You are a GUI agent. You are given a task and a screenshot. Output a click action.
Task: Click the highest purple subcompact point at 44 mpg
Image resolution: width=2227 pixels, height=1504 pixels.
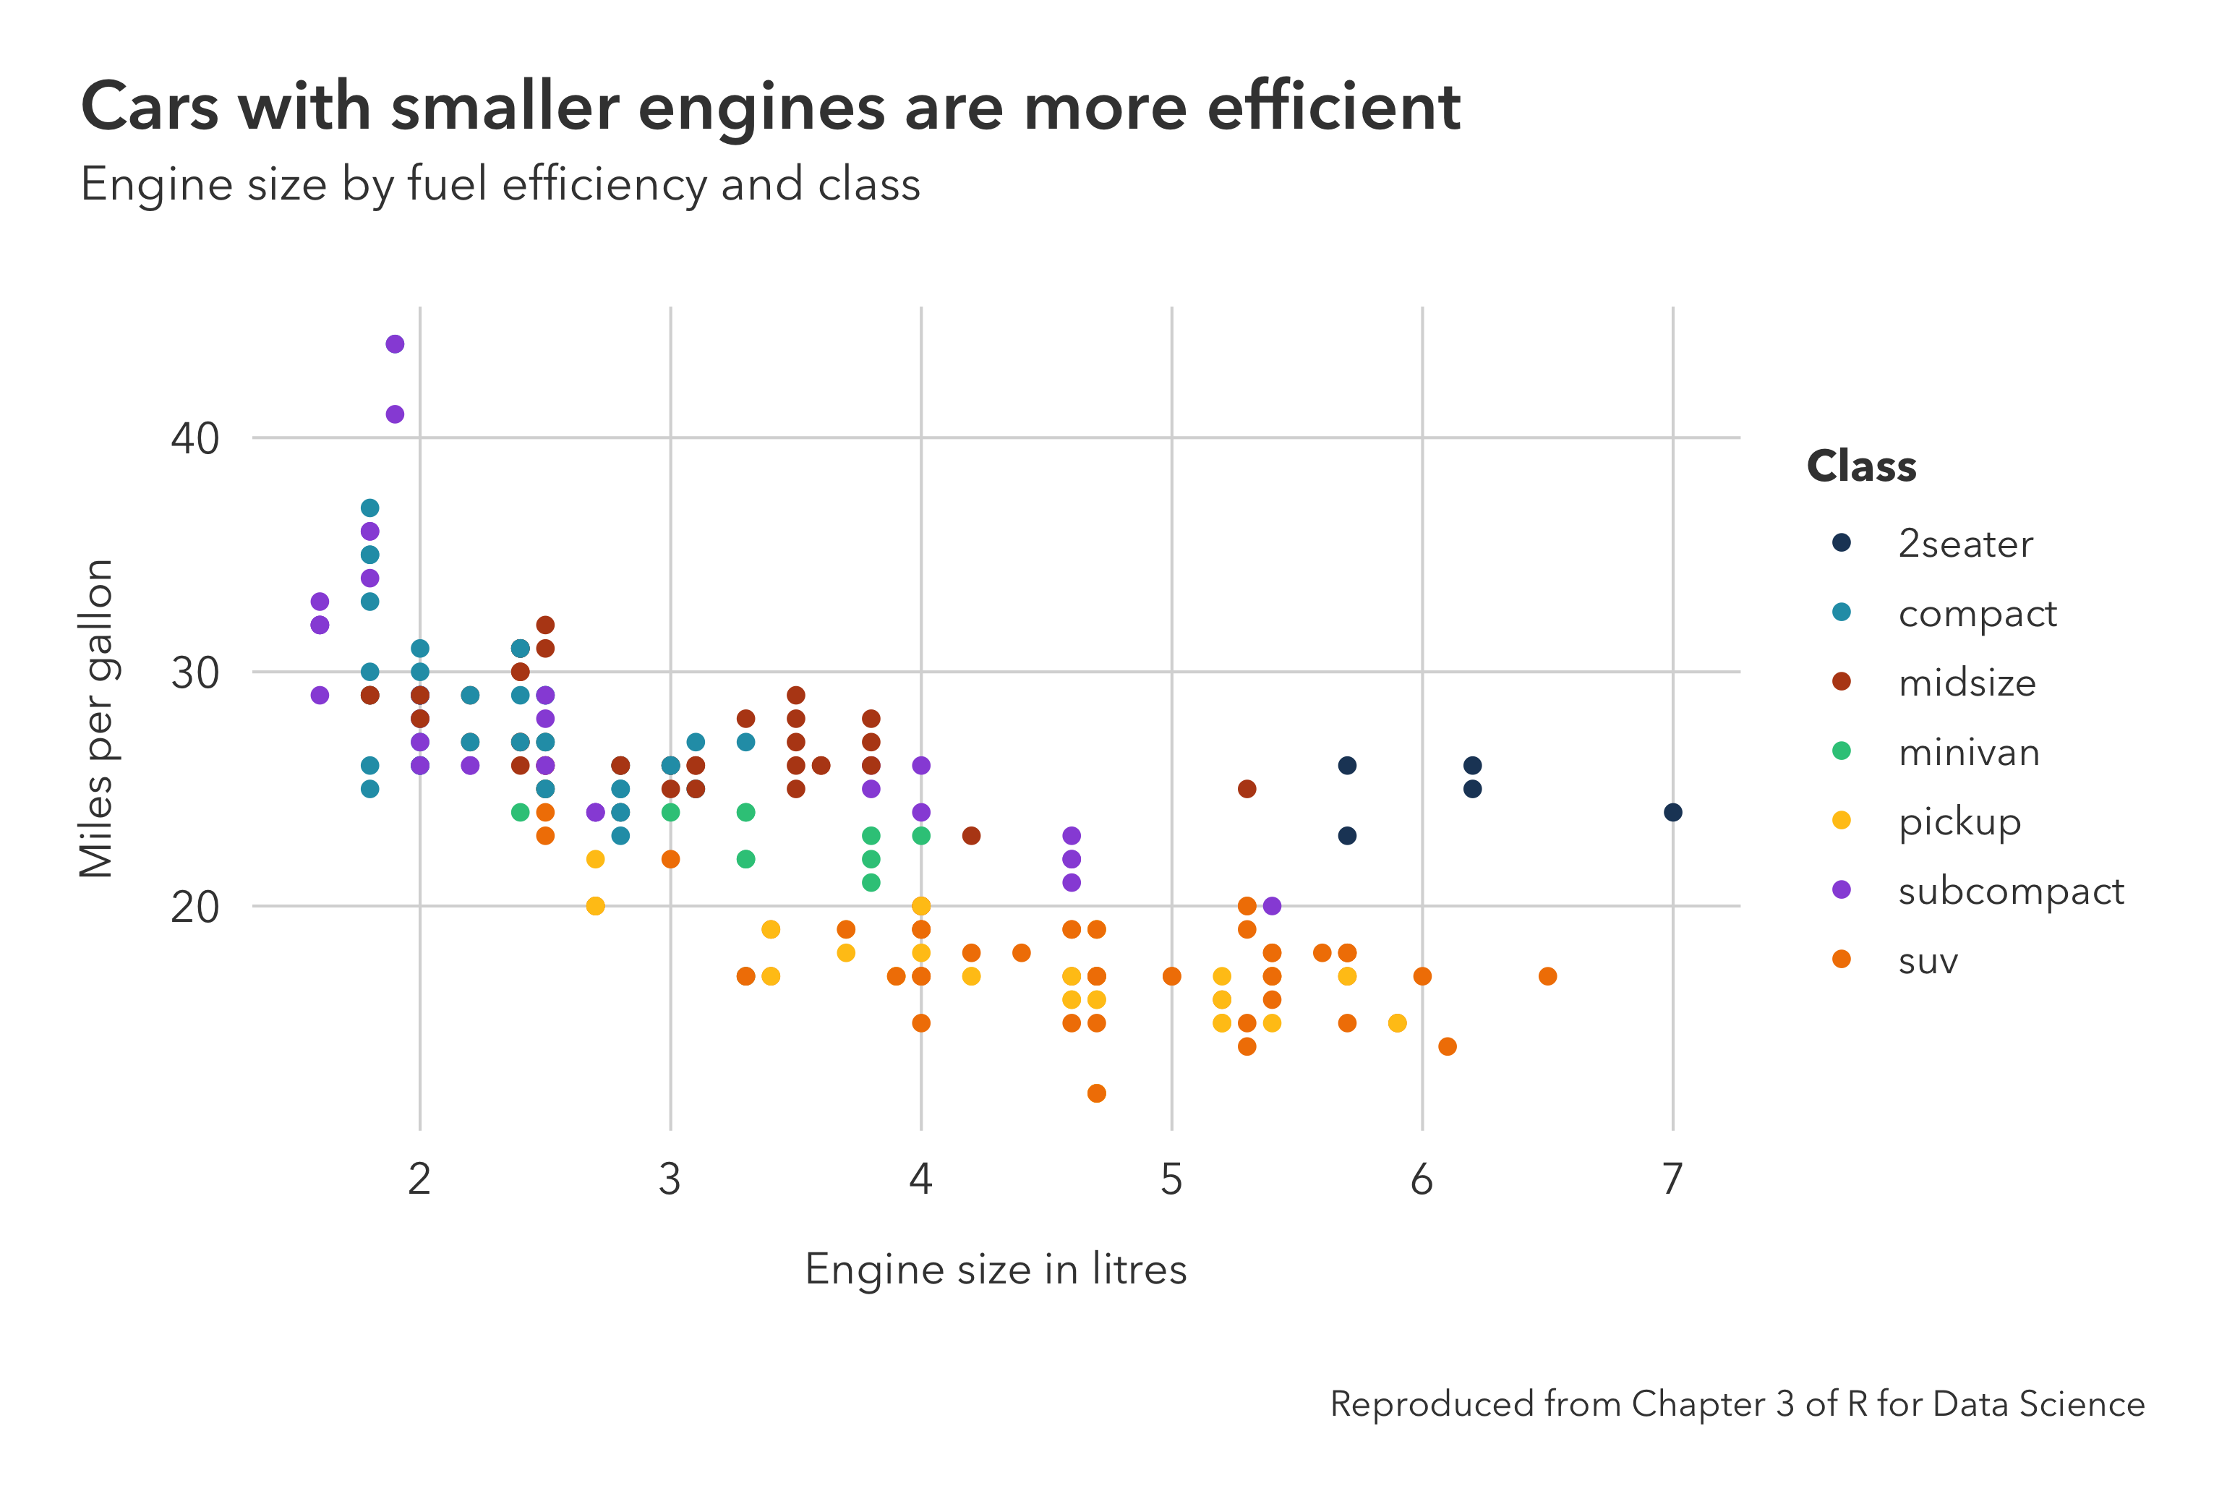[395, 344]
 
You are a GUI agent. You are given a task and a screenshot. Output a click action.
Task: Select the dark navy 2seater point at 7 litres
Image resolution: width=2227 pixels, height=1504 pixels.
[1673, 812]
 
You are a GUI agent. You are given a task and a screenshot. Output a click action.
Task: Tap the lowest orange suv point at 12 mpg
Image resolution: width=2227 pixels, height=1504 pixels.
[1096, 1093]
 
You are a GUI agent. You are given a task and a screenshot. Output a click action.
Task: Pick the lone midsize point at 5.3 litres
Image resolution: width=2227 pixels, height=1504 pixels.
[1247, 789]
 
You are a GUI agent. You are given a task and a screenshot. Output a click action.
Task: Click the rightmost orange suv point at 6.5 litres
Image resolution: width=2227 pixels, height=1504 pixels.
[1547, 976]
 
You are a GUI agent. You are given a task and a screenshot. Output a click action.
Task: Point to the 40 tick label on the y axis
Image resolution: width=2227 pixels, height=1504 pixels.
[195, 439]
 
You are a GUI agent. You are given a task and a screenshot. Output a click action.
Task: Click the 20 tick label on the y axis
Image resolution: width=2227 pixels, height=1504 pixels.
[195, 907]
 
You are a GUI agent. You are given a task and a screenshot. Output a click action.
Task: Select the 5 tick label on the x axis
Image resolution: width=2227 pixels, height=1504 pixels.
[1171, 1180]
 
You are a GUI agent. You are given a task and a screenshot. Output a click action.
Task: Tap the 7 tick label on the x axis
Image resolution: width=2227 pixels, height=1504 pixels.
[1672, 1180]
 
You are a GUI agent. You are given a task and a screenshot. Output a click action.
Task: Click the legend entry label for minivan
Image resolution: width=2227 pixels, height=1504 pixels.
[1968, 753]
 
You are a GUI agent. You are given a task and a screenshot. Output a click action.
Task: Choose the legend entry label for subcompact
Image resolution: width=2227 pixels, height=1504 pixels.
[2010, 892]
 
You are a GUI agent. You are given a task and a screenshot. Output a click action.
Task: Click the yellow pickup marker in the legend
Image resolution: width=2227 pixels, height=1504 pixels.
[1841, 821]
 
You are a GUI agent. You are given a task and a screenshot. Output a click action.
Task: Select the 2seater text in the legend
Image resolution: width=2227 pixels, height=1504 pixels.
[1965, 544]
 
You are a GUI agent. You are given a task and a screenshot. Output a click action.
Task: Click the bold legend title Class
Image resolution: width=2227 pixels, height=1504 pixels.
[1861, 467]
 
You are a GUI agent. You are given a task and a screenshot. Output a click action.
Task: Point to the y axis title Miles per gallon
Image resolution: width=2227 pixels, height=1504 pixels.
[97, 718]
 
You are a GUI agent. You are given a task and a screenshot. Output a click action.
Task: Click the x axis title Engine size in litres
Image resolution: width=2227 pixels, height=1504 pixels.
[996, 1269]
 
